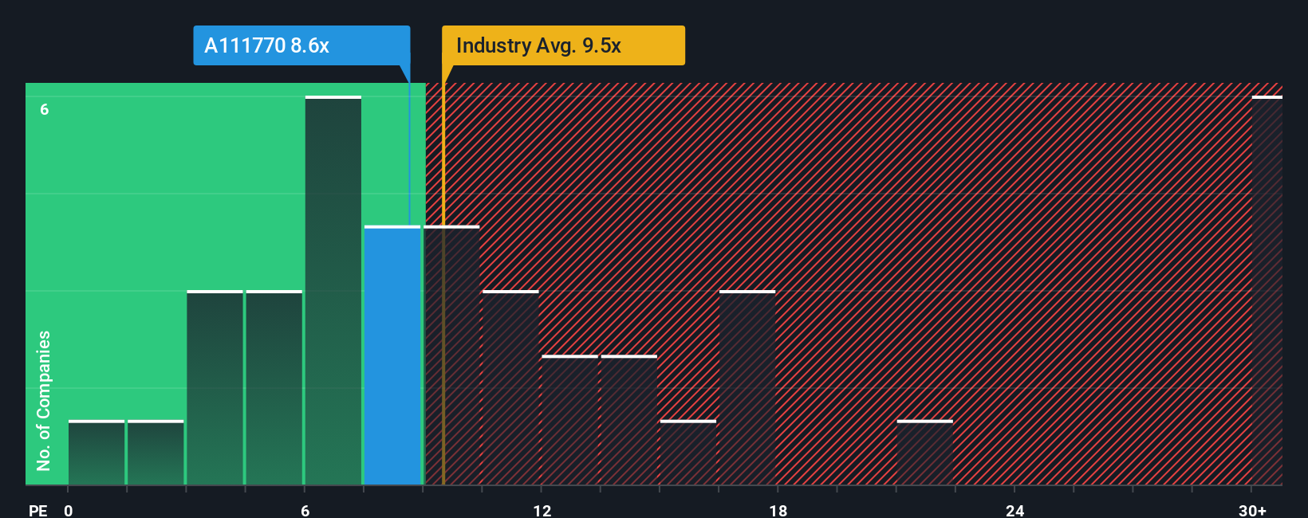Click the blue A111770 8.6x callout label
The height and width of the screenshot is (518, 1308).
click(x=301, y=45)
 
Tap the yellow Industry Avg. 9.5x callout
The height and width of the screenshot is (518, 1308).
click(x=563, y=45)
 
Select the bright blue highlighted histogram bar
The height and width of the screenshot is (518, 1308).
click(x=392, y=355)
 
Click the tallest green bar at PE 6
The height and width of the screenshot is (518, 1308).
click(x=333, y=291)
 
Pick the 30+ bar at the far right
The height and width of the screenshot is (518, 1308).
click(x=1267, y=291)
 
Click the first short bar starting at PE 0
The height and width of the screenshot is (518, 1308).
click(x=97, y=453)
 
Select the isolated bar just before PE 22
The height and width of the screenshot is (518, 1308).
click(x=924, y=453)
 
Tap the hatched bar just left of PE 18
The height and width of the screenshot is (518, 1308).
click(x=747, y=388)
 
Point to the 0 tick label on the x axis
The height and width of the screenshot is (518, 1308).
click(x=69, y=511)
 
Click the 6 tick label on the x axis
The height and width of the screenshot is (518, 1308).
click(x=305, y=511)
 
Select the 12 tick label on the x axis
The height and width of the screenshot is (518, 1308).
click(x=542, y=511)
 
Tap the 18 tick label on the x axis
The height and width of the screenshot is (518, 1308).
click(x=778, y=511)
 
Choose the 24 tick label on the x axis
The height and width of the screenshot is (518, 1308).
click(x=1014, y=511)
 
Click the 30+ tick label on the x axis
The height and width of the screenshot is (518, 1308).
click(x=1252, y=511)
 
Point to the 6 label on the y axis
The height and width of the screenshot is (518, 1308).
click(x=45, y=109)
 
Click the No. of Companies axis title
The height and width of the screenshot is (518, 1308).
click(x=44, y=400)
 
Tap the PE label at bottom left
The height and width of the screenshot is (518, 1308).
click(x=37, y=511)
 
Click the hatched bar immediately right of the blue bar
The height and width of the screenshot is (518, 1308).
click(x=452, y=355)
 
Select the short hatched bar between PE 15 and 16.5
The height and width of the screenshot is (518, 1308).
click(x=688, y=453)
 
